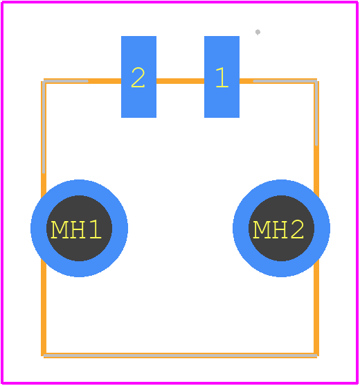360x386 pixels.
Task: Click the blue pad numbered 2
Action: click(x=138, y=77)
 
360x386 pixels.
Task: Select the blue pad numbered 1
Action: click(x=222, y=77)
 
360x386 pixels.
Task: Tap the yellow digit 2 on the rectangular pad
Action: click(x=138, y=78)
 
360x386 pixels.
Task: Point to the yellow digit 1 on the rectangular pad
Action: click(x=222, y=78)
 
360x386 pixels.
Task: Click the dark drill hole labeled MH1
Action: click(x=79, y=228)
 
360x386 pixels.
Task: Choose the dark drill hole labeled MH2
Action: click(x=281, y=228)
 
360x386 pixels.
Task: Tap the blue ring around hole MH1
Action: click(x=79, y=188)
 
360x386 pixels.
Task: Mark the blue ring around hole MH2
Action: click(x=281, y=188)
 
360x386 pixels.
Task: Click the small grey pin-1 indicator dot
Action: click(x=258, y=32)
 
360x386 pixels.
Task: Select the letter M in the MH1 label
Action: click(x=59, y=229)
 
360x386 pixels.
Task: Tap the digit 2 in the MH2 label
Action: click(x=297, y=229)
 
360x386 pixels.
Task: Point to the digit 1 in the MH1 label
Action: click(x=96, y=229)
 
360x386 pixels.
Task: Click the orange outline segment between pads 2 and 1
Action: click(x=180, y=81)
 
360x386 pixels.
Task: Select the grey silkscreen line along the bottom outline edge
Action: click(x=180, y=356)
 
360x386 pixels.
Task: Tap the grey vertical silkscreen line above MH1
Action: click(x=44, y=128)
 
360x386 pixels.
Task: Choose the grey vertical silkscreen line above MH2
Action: click(x=316, y=113)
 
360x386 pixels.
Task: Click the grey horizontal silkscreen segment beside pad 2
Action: click(x=66, y=81)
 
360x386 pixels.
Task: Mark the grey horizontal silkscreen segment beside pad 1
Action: click(x=285, y=81)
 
